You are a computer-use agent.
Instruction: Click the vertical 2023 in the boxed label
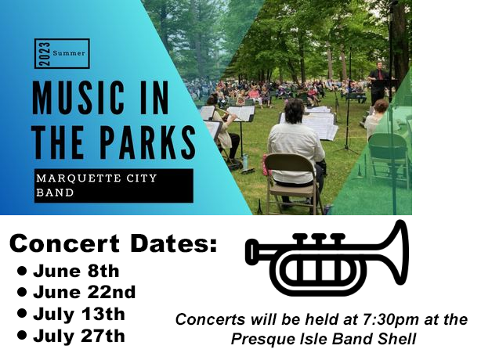45,54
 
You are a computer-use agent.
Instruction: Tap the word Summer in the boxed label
69,53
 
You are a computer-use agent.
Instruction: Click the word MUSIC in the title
78,98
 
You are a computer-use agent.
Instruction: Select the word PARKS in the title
148,142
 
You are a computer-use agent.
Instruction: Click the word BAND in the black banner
55,193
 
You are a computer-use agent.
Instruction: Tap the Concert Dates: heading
113,243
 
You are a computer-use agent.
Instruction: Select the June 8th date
76,271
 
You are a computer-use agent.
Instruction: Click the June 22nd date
85,292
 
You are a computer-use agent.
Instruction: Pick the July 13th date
79,314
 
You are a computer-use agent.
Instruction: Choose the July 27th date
79,336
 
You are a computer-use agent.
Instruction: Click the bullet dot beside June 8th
22,271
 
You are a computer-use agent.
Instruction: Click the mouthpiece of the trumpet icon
252,251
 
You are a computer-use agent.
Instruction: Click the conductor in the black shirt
378,83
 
